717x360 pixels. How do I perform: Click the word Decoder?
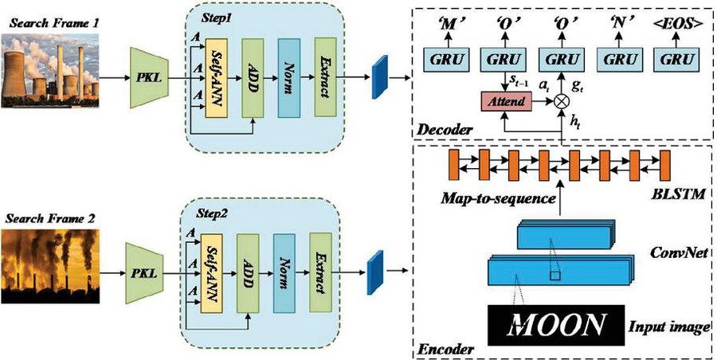(x=443, y=128)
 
